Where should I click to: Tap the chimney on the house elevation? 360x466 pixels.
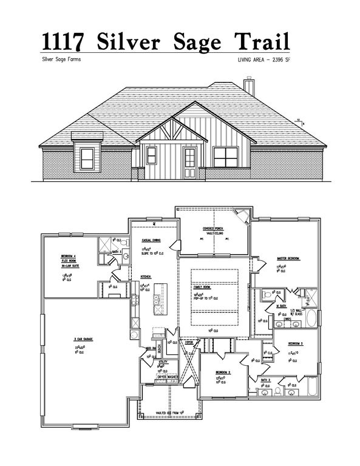click(248, 86)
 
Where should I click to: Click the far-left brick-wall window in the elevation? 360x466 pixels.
click(88, 158)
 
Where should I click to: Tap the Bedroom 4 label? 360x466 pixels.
click(69, 256)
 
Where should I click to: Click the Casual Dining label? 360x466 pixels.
click(150, 240)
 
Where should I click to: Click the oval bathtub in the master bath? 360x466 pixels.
click(311, 319)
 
